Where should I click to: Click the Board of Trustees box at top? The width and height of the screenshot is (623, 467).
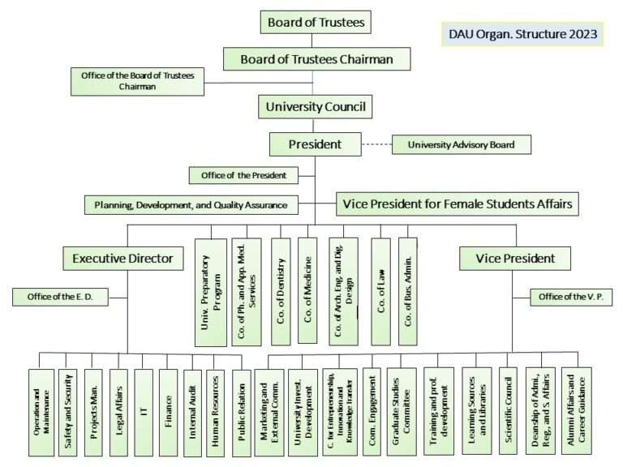tap(316, 22)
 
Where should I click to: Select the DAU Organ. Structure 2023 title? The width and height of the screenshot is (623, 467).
tap(523, 35)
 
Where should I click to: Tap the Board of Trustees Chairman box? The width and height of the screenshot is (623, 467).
tap(316, 59)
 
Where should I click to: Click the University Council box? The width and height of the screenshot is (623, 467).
tap(316, 105)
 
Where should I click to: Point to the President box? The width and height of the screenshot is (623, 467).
tap(315, 145)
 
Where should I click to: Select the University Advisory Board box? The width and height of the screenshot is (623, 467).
tap(462, 145)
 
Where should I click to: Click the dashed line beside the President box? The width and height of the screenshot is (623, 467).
tap(376, 145)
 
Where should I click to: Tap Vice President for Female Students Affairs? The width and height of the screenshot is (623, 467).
tap(458, 204)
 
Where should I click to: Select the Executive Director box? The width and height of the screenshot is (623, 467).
tap(123, 259)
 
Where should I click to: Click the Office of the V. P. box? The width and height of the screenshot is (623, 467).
tap(569, 297)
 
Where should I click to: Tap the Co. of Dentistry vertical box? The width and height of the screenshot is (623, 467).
tap(281, 292)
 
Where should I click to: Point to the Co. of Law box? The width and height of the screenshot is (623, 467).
tap(380, 292)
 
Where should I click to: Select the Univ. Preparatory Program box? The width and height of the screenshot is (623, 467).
tap(210, 292)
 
